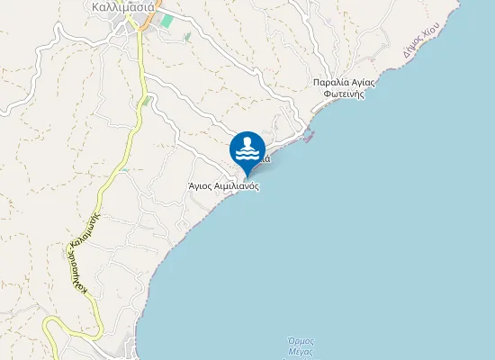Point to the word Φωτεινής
click(x=344, y=94)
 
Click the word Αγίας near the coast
click(x=363, y=82)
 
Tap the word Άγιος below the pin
click(x=200, y=186)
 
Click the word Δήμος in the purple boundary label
click(x=410, y=50)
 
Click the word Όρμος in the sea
click(x=299, y=340)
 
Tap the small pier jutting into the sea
click(x=311, y=138)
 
